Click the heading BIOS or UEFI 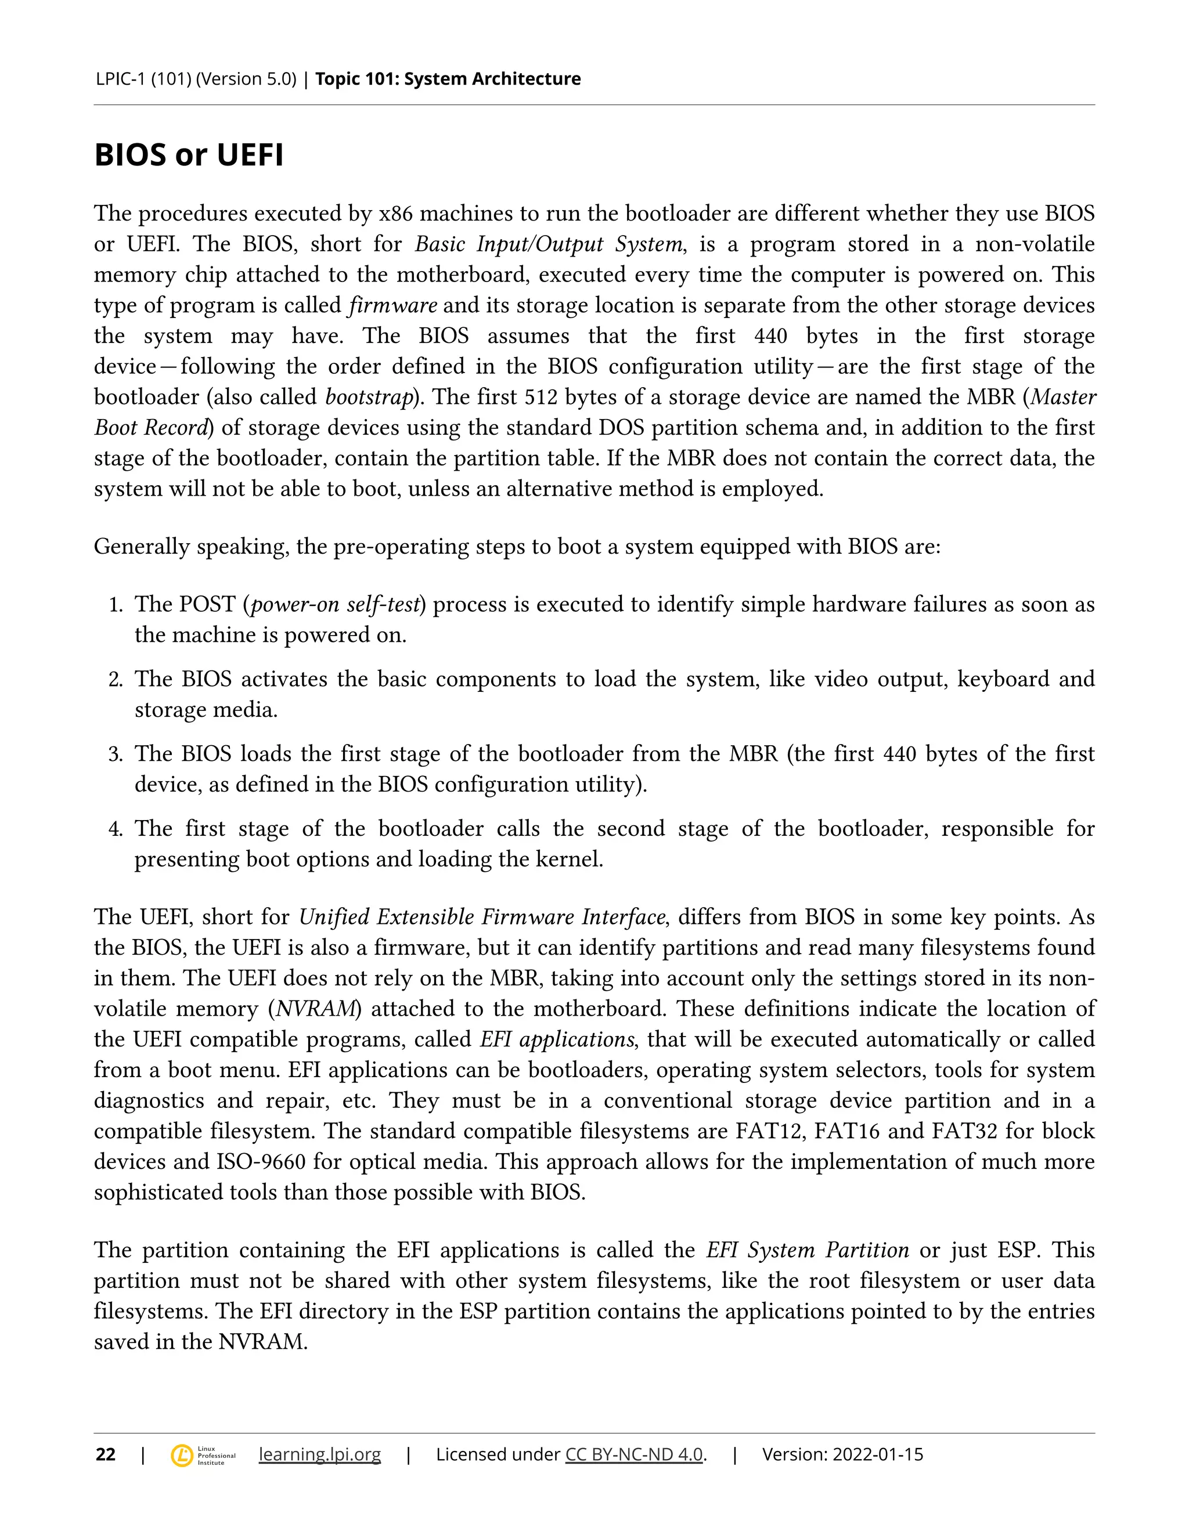189,155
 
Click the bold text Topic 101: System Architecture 448,79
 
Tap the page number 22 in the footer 106,1454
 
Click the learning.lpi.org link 320,1454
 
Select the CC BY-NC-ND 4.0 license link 634,1454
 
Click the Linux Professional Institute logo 203,1455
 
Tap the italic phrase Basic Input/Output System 549,244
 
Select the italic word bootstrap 369,397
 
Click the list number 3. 115,755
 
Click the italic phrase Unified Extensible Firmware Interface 482,917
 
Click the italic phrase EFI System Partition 807,1250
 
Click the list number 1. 115,605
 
